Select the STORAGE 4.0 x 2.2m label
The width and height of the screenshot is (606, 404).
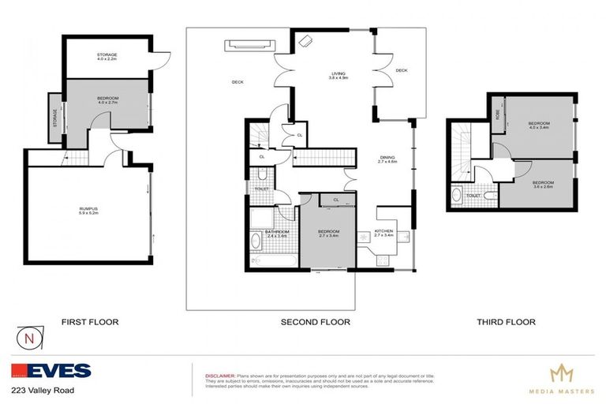[x=107, y=57]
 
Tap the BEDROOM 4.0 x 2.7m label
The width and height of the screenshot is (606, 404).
[x=107, y=99]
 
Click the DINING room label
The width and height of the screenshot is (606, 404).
[x=388, y=159]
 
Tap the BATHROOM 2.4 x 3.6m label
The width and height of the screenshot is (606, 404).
[x=276, y=234]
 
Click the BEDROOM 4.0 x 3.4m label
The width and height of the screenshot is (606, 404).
[x=539, y=125]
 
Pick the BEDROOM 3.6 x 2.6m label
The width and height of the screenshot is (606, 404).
[x=538, y=185]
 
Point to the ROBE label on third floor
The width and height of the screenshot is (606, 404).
[x=497, y=114]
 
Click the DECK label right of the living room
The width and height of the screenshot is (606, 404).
[x=402, y=70]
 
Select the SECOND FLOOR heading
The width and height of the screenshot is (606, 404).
[x=316, y=322]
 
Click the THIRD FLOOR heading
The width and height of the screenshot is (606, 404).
[x=506, y=322]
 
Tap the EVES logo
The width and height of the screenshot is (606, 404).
[x=51, y=371]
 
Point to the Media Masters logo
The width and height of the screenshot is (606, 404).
[x=561, y=379]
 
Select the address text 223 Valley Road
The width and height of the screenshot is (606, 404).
[x=41, y=391]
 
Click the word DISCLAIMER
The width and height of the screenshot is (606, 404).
[x=220, y=376]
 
